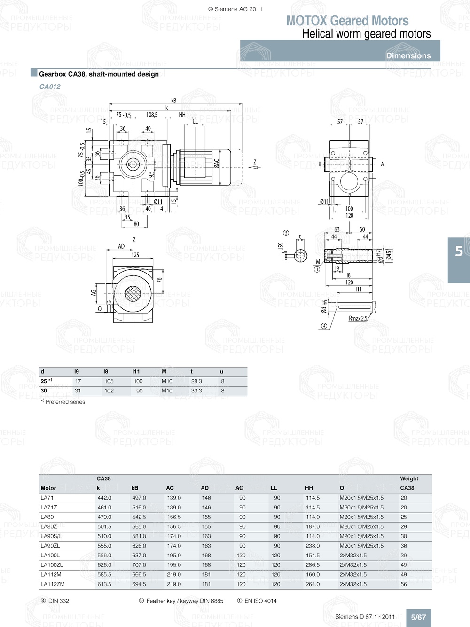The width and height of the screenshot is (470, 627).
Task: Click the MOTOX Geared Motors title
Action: click(347, 21)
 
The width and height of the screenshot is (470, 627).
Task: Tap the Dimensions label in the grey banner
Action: click(408, 55)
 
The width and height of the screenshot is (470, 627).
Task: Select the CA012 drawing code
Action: click(50, 86)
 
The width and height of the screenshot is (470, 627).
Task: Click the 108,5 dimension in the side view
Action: click(151, 115)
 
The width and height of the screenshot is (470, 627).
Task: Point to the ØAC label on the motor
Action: click(217, 163)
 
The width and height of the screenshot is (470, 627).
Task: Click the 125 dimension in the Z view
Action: click(135, 255)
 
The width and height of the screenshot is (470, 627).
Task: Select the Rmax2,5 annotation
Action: click(358, 318)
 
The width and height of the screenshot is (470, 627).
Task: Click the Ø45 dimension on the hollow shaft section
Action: click(389, 255)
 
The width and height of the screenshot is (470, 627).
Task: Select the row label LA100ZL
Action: click(52, 565)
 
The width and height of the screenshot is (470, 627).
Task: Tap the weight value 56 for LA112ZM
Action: click(404, 584)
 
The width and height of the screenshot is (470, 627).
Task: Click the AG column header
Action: click(240, 488)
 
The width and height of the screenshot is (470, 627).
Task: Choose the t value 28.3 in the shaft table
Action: click(196, 381)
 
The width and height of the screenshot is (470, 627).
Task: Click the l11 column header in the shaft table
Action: click(136, 371)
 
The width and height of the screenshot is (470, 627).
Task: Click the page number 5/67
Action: click(418, 617)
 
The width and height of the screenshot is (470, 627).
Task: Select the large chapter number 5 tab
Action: click(459, 252)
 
